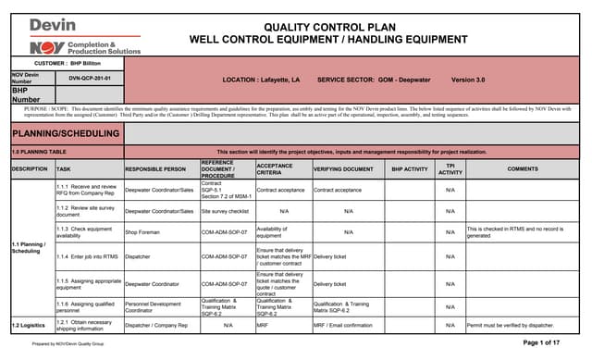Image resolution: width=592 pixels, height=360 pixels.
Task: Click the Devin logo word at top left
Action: coord(53,25)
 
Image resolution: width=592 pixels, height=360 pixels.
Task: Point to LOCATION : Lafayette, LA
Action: coord(261,80)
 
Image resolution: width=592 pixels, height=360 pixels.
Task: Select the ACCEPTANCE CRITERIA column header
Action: coord(282,169)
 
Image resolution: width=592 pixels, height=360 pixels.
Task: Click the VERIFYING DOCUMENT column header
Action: coord(343,169)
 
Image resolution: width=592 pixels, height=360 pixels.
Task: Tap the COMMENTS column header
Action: coord(523,169)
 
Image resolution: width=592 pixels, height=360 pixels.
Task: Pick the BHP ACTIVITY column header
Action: coord(410,169)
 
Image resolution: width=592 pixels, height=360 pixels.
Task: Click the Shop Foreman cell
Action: coord(143,231)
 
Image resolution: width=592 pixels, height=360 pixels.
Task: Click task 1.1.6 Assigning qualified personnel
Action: coord(87,306)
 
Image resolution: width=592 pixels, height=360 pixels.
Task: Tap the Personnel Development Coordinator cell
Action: coord(153,306)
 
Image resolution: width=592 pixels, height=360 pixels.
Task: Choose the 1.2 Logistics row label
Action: coord(30,325)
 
